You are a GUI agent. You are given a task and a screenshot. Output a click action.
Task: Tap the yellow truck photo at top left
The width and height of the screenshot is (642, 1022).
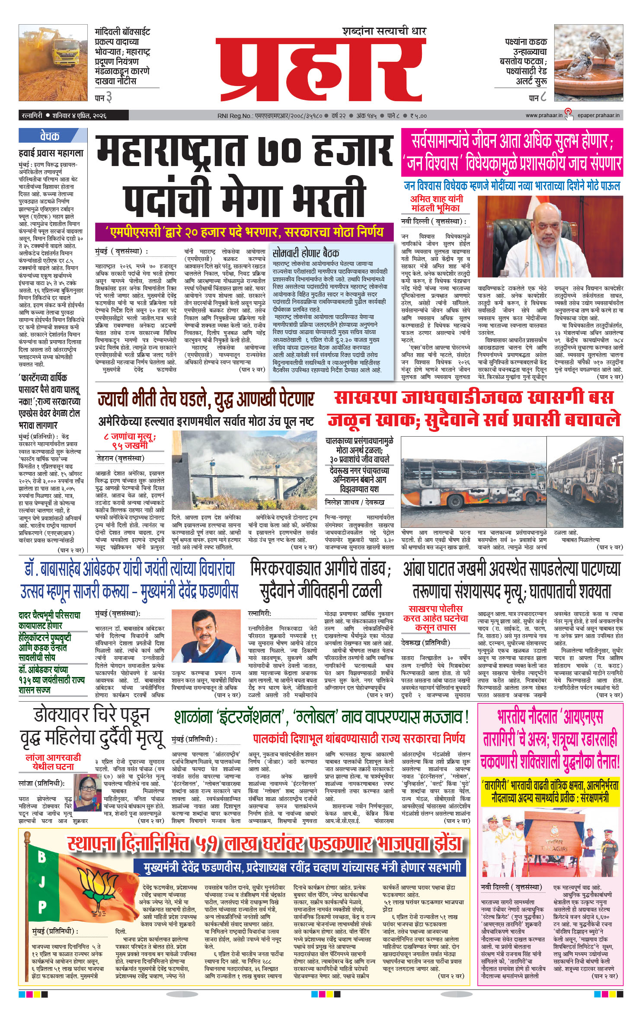[x=53, y=63]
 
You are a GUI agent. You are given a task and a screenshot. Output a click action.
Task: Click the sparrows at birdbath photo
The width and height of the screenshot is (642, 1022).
[x=588, y=63]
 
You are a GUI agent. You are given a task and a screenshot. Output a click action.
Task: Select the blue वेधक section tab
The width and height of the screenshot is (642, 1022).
[x=50, y=136]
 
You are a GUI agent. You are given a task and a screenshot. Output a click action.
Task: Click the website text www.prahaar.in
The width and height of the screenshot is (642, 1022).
[x=544, y=115]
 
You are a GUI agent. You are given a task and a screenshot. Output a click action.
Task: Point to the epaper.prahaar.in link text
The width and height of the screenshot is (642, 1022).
[x=599, y=115]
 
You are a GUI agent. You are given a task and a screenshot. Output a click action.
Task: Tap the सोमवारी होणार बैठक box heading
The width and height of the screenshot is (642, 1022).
[x=306, y=252]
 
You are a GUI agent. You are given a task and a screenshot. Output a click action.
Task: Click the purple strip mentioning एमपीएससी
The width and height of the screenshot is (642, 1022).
[x=244, y=232]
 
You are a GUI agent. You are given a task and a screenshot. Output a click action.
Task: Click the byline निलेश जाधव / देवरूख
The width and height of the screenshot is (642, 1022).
[x=354, y=502]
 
